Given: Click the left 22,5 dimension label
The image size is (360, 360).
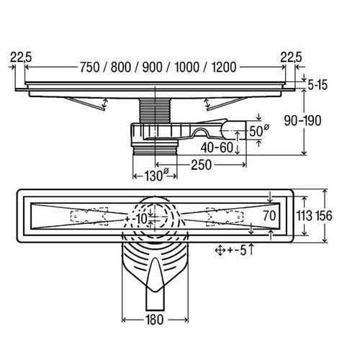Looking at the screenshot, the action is [21, 58].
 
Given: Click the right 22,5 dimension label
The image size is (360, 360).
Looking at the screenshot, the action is [291, 58].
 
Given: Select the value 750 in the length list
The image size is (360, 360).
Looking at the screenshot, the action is [89, 67].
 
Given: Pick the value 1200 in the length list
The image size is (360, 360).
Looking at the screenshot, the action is [224, 67].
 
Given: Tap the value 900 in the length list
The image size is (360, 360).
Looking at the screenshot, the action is [153, 67].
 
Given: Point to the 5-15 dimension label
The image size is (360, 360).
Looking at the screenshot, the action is [318, 85].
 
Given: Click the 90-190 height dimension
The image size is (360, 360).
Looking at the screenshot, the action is [302, 121].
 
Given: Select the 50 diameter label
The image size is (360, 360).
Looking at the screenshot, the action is [258, 131].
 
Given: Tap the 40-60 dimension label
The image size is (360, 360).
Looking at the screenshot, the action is [217, 148].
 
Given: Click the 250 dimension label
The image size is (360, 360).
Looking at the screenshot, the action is [201, 165].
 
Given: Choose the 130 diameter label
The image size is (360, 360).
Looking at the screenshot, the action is [156, 176].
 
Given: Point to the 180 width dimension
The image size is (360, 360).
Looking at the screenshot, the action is [154, 320].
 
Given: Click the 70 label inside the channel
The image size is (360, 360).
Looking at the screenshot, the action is [269, 215].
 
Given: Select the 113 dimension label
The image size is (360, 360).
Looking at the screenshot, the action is [305, 215].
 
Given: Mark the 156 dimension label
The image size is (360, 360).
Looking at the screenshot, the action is [323, 215].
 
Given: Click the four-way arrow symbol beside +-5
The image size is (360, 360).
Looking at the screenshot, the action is [220, 251].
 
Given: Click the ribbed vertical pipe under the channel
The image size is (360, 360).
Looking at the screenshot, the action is [155, 111].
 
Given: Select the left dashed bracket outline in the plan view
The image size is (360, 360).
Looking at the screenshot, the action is [89, 217].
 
